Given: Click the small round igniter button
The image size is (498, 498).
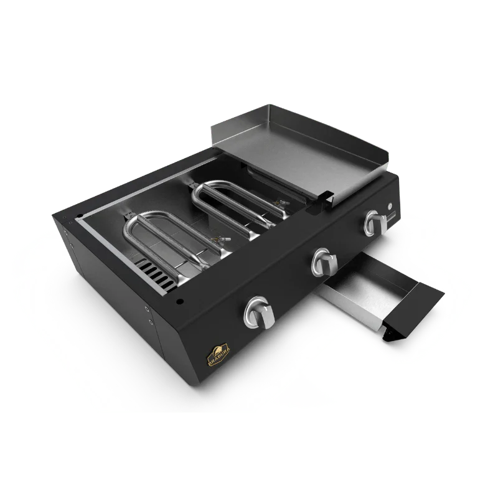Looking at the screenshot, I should coord(390,205).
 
